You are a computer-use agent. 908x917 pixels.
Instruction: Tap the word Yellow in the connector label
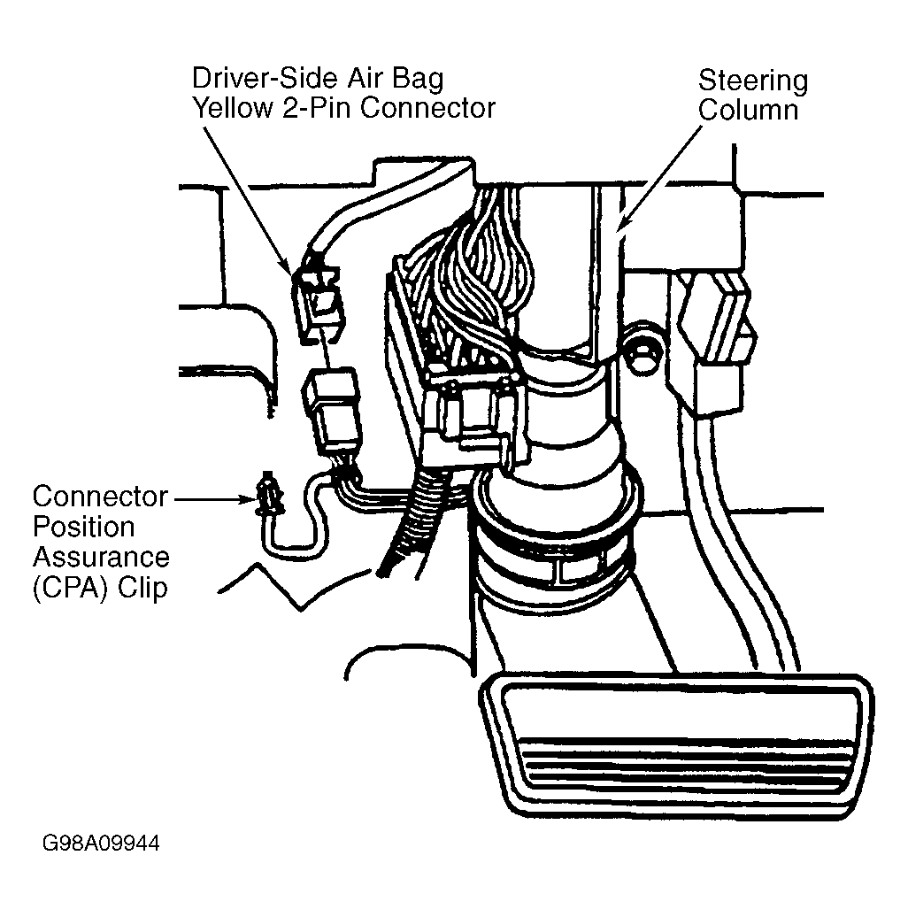[x=232, y=108]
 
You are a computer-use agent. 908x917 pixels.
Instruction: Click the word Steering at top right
[x=753, y=81]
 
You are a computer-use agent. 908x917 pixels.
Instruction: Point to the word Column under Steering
[x=749, y=110]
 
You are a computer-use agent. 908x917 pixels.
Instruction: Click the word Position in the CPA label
[x=83, y=527]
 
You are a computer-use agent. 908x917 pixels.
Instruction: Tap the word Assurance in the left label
[x=101, y=558]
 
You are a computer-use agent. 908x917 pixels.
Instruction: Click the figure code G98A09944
[x=101, y=843]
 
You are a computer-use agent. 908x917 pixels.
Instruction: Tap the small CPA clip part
[x=270, y=497]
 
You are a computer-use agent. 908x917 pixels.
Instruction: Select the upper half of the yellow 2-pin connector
[x=318, y=303]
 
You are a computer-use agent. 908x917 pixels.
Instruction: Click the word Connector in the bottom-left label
[x=100, y=497]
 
